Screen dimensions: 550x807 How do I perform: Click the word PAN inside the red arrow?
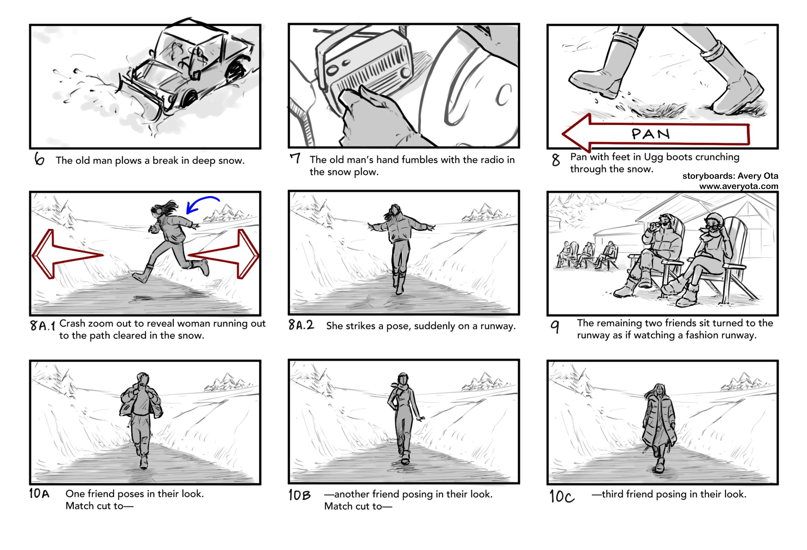coord(650,134)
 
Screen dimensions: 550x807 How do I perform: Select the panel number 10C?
coord(561,496)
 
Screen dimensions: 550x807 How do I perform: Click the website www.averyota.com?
coord(738,186)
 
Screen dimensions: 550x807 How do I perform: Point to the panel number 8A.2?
coord(301,325)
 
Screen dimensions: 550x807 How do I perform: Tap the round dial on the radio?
coord(405,73)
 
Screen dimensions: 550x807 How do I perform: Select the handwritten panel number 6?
coord(39,159)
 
